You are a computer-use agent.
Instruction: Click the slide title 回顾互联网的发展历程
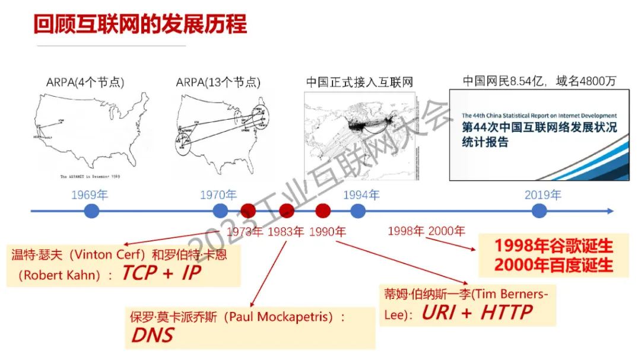point(140,25)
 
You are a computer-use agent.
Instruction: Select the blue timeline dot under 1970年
point(220,211)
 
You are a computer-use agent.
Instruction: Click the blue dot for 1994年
point(357,211)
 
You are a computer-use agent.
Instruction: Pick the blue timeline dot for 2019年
point(539,211)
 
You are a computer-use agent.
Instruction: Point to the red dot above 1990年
point(323,211)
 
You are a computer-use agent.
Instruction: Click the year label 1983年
point(285,231)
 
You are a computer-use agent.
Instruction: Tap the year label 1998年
point(406,231)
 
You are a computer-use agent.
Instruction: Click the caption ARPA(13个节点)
point(218,82)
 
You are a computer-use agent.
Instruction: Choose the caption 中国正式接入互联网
point(360,82)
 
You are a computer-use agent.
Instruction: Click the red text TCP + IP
point(161,273)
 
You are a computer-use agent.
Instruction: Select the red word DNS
point(153,335)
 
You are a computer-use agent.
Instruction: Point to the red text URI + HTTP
point(477,312)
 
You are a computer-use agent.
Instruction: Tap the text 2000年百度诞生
point(554,265)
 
